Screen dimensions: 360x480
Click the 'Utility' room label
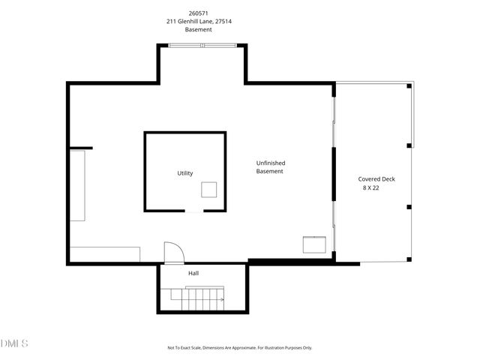point(184,173)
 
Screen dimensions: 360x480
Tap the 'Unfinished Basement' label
point(270,167)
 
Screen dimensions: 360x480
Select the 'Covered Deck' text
point(376,179)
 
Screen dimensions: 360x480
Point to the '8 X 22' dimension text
point(371,188)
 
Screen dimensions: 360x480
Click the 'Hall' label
point(193,273)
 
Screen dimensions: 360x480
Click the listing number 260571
point(199,13)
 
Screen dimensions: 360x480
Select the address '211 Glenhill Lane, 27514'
point(199,22)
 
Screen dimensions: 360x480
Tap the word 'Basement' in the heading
point(199,30)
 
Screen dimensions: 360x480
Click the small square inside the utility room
point(208,190)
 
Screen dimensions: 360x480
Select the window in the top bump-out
point(202,46)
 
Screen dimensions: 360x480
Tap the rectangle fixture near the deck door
point(314,244)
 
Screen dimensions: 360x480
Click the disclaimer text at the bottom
point(239,348)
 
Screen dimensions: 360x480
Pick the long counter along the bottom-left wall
point(104,253)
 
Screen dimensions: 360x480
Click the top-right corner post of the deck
point(409,86)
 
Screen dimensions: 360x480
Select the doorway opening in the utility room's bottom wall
point(193,211)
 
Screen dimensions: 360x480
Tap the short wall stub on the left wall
point(81,148)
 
